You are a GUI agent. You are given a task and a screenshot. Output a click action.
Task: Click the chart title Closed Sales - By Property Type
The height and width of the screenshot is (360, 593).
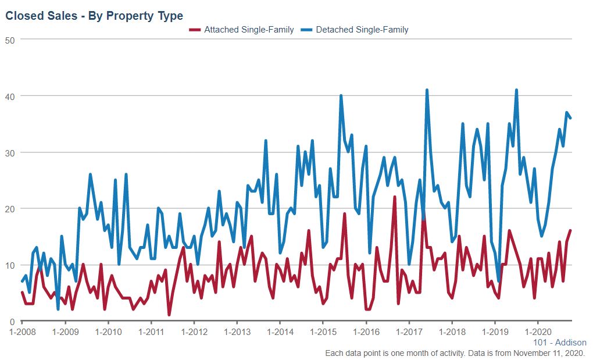point(94,16)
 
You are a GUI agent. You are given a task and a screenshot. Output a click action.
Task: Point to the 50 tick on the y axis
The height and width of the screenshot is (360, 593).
point(10,40)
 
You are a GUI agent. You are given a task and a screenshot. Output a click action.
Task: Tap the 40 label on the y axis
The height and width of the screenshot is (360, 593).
point(10,96)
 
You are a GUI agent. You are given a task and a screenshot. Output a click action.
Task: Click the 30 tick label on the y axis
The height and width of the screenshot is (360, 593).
point(10,152)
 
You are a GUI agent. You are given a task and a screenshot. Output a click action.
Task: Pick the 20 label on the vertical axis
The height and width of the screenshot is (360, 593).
point(10,209)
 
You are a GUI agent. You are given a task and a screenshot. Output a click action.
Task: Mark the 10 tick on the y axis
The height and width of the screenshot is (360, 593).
point(10,265)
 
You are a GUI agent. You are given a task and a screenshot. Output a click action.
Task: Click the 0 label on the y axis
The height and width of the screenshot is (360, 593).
point(12,322)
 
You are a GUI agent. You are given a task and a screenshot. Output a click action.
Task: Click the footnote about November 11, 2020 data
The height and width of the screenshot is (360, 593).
point(455,353)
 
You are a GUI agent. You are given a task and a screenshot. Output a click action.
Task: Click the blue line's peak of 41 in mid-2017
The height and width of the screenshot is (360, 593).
point(427,91)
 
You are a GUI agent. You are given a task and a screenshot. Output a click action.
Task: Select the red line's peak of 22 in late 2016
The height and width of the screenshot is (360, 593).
point(395,198)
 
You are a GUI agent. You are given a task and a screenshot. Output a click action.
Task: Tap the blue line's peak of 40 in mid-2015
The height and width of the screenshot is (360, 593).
point(341,96)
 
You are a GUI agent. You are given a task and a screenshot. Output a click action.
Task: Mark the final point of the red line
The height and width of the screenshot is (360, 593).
point(570,231)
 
